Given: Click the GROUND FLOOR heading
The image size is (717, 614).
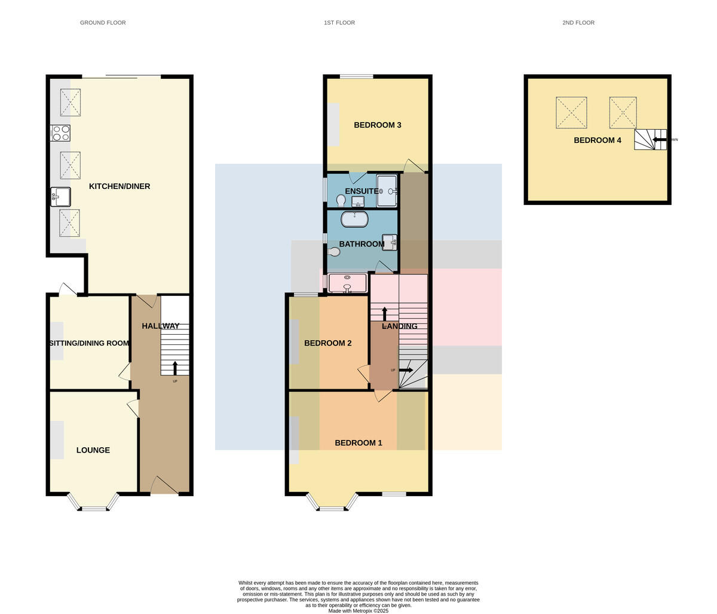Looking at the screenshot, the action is (x=103, y=23).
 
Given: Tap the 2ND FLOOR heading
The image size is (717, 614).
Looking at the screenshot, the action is (x=578, y=23).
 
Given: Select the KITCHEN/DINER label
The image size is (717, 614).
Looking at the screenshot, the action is (x=119, y=187).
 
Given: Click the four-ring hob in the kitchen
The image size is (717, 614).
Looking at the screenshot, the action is (x=61, y=133).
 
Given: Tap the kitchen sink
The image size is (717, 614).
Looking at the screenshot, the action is (x=61, y=197).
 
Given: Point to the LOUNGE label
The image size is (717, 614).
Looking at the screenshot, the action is (x=93, y=450).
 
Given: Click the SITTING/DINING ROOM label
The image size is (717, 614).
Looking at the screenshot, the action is (x=89, y=343).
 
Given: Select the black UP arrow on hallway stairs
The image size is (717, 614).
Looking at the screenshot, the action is (x=175, y=368).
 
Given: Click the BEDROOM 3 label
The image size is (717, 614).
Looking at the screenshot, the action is (x=378, y=125).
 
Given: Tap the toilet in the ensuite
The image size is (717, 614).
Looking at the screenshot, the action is (x=341, y=201).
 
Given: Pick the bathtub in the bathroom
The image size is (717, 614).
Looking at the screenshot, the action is (x=354, y=219).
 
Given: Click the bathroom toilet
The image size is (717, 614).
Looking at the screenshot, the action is (x=333, y=252).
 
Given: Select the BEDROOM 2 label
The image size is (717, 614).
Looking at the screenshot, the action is (x=328, y=343).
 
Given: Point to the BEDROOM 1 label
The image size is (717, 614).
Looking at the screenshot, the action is (x=358, y=443).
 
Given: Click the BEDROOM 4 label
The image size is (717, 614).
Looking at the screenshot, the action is (x=597, y=140).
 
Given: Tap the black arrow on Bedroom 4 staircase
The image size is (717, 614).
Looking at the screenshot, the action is (x=660, y=139).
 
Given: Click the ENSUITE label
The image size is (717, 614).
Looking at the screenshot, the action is (x=362, y=191).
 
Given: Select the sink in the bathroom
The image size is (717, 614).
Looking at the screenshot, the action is (x=390, y=243).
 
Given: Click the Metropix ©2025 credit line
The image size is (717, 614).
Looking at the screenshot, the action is (x=358, y=611).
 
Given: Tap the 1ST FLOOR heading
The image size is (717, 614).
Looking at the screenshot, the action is (x=339, y=23).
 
